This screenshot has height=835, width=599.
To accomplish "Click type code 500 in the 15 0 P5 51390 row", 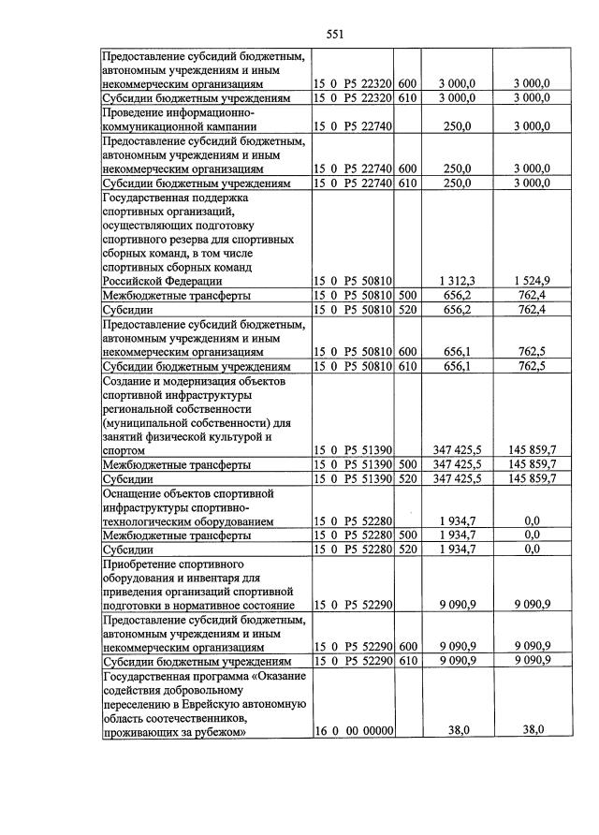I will click(x=407, y=464).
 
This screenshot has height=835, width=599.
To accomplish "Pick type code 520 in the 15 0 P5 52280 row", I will click(x=407, y=549).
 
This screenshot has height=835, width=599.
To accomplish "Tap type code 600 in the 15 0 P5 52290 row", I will click(x=407, y=646).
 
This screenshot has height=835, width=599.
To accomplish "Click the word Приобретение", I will click(x=145, y=564).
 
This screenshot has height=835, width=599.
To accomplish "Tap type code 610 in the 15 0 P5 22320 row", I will click(x=407, y=97).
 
